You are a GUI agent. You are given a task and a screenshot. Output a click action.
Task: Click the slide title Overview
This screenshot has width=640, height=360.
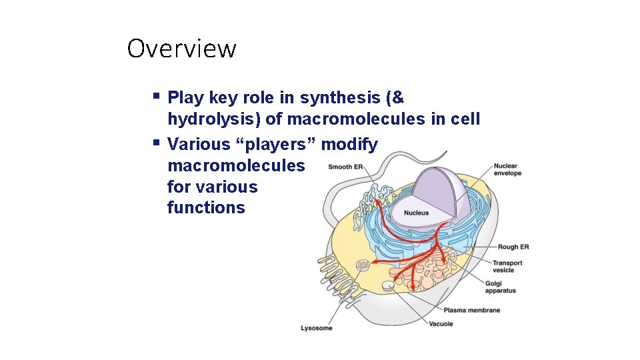coord(181,49)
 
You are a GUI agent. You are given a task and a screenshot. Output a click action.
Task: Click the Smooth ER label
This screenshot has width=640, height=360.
coord(345,167)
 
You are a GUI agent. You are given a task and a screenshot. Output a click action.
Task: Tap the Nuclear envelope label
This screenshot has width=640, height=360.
coord(507,169)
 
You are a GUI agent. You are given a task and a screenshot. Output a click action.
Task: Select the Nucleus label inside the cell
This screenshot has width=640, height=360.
coord(416,213)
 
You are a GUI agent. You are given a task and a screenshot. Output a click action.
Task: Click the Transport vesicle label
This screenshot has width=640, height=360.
coord(507,266)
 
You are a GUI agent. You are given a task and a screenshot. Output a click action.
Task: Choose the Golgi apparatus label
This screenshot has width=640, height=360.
coord(500,287)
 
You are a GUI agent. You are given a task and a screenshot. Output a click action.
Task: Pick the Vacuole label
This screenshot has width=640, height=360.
coord(441,324)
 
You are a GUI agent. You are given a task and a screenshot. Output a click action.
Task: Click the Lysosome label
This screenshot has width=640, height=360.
coord(316,328)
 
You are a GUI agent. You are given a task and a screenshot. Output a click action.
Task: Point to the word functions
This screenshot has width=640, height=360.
coord(206,207)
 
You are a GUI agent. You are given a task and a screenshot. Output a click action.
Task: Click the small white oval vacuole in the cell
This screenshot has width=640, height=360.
coord(388,287)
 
